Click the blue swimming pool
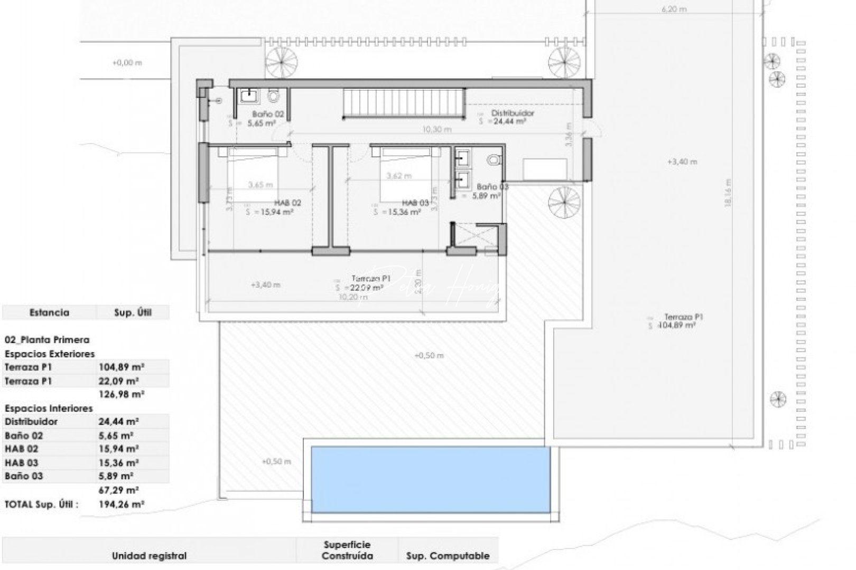431,479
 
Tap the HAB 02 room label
287,203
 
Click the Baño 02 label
268,113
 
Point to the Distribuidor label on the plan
513,113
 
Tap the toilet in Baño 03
494,159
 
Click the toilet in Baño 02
273,96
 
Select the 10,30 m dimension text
436,129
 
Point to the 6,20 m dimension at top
674,9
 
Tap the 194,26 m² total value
122,504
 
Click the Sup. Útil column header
133,312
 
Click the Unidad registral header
149,556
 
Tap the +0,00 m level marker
127,63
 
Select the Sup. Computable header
448,556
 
